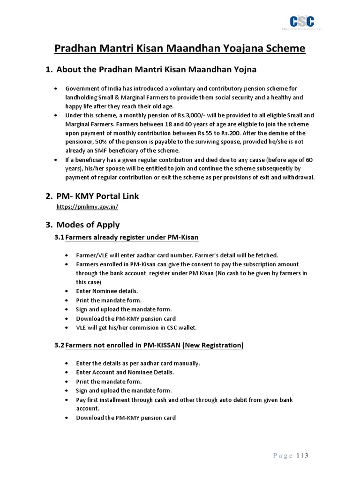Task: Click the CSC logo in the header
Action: click(301, 22)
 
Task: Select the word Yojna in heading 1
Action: click(242, 70)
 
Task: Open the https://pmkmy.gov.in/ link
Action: click(90, 206)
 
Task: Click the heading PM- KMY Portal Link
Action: click(97, 195)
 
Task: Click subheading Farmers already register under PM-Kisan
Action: click(132, 238)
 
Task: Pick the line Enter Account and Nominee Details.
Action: click(125, 372)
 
